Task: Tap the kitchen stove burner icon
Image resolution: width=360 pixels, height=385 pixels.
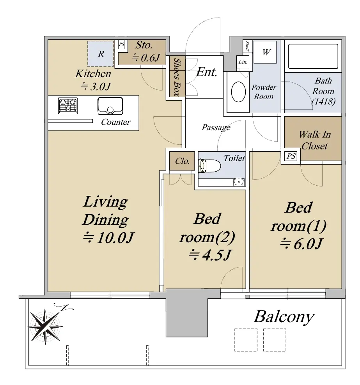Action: point(68,106)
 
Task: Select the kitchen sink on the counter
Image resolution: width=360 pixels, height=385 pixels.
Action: point(110,106)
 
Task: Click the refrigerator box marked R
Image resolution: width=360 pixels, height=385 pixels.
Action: point(101,54)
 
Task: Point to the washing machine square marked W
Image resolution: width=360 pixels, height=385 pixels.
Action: point(265,52)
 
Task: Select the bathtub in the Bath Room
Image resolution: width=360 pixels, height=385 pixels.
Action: point(313,57)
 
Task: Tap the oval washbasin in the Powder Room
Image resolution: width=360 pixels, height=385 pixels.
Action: point(238,92)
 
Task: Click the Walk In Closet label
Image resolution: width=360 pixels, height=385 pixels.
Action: point(315,140)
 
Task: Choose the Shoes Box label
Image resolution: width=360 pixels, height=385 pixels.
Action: point(177,76)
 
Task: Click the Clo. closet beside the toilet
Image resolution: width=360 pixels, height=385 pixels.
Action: point(182,161)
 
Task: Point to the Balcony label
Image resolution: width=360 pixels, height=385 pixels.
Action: point(284,317)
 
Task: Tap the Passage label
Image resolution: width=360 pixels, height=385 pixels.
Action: point(216,128)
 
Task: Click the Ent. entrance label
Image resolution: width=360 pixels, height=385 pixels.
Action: point(207,72)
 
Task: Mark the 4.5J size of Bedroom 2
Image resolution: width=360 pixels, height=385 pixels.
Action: point(210,255)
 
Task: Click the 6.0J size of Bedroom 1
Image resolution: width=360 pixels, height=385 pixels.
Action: point(301,244)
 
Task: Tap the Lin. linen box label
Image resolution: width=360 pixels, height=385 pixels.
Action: point(243,62)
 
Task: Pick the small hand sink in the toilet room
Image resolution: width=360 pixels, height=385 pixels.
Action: point(238,182)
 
